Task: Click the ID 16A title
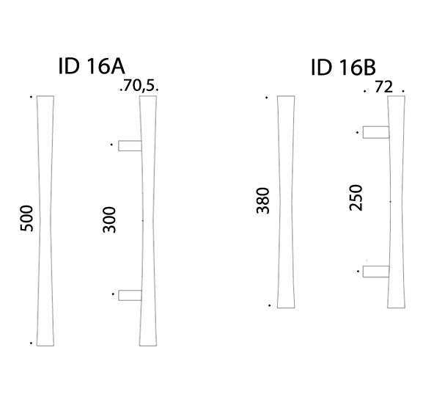tap(92, 66)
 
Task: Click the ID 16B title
tap(344, 67)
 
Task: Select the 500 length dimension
tap(26, 218)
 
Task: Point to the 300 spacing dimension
tap(109, 219)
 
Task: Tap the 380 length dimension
tap(263, 200)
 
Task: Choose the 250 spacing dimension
tap(356, 197)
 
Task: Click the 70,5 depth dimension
tap(138, 86)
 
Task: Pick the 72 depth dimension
tap(383, 87)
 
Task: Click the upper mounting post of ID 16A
tap(130, 146)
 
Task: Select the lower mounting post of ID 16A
tap(130, 295)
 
